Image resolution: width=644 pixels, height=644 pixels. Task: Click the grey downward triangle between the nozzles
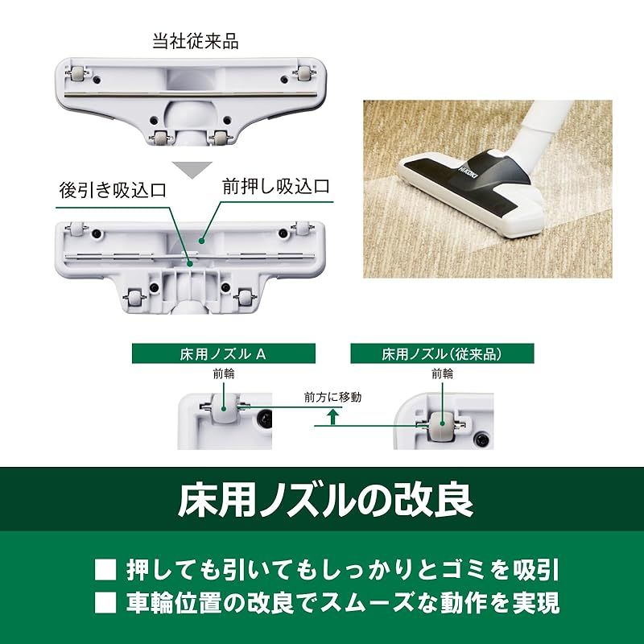[192, 170]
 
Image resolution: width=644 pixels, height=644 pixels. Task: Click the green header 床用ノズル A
[221, 353]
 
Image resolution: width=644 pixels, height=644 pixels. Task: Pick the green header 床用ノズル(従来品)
[441, 353]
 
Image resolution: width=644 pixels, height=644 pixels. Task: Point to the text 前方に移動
[333, 398]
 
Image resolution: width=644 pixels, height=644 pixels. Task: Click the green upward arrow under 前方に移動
[331, 416]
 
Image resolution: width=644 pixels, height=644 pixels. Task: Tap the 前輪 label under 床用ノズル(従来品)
[442, 374]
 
